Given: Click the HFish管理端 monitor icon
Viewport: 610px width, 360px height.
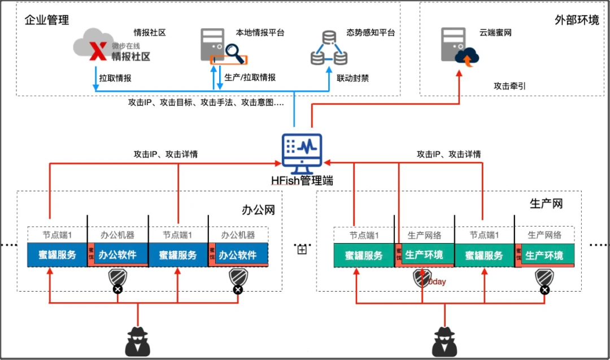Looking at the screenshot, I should (302, 153).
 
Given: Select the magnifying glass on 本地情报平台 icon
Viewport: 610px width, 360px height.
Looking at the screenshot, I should (233, 54).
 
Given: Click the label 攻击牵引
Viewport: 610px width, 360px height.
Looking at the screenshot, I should (510, 86).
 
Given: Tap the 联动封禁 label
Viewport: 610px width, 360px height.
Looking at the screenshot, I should (352, 78).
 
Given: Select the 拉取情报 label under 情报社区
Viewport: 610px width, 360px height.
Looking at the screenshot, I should (115, 78).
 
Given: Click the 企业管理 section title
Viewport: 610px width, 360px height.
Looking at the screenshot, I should (47, 20).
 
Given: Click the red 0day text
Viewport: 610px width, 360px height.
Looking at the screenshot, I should (437, 281).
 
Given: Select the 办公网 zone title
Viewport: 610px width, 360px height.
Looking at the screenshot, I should (258, 210).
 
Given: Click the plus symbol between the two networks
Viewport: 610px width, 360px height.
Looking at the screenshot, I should (302, 249).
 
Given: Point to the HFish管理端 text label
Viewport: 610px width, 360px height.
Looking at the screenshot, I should (302, 181).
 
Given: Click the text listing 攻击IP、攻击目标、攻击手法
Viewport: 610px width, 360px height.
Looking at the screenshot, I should (206, 102).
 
